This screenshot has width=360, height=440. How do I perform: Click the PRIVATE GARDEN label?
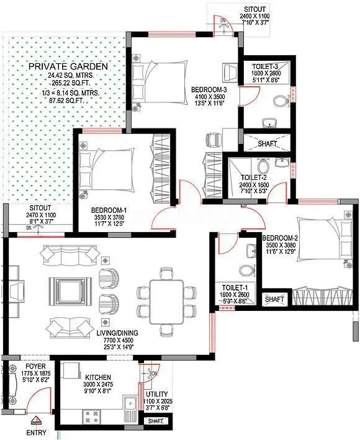pyautogui.click(x=68, y=66)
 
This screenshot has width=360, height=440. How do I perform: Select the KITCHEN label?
pyautogui.click(x=98, y=377)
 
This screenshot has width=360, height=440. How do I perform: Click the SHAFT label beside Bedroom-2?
pyautogui.click(x=274, y=299)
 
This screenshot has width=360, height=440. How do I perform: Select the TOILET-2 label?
pyautogui.click(x=254, y=177)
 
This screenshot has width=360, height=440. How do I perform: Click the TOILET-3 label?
pyautogui.click(x=266, y=66)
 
